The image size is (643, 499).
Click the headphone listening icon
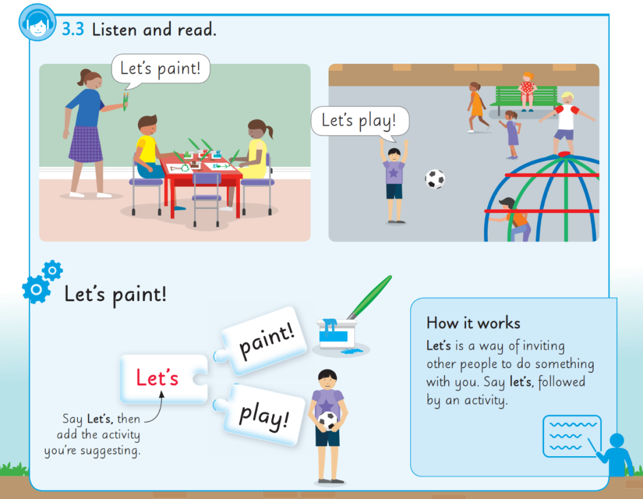[38, 23]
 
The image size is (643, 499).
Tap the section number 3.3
[73, 30]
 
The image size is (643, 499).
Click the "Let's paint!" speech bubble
[161, 70]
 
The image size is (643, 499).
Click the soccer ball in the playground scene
[435, 179]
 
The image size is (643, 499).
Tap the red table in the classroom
[201, 180]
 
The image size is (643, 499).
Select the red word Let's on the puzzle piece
[157, 378]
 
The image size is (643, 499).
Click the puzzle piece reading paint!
[264, 341]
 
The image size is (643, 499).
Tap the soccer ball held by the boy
[327, 420]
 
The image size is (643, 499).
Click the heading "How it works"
[473, 323]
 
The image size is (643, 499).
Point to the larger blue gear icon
[36, 289]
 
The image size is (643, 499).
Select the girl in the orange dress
[477, 107]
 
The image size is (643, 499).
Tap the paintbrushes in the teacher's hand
[126, 101]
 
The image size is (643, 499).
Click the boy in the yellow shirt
[148, 149]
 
